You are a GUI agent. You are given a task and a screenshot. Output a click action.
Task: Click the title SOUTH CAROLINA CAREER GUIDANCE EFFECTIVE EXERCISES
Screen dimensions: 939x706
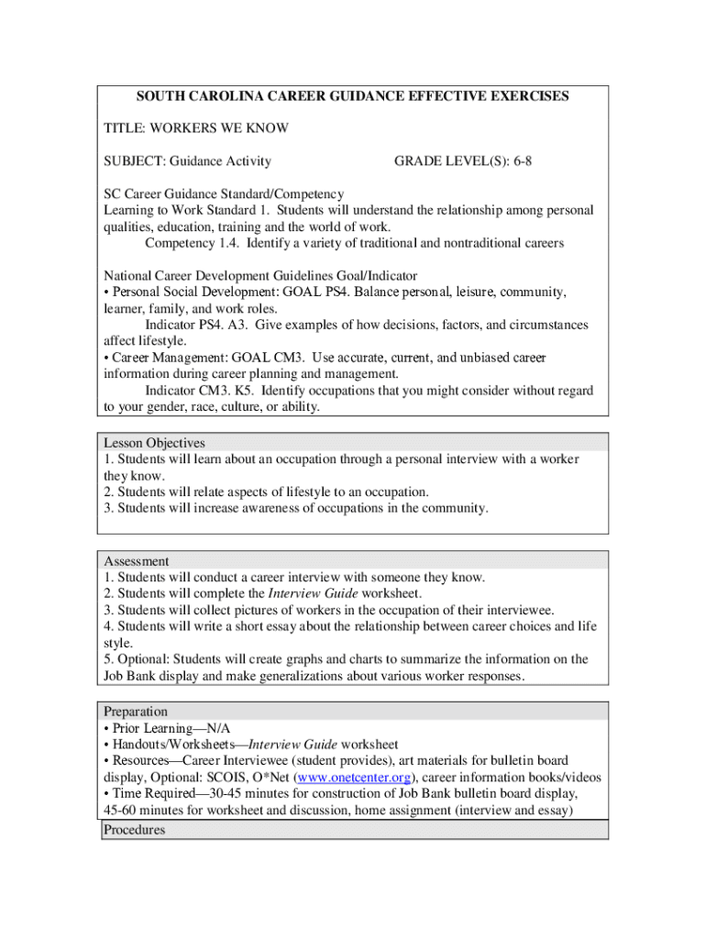coord(352,95)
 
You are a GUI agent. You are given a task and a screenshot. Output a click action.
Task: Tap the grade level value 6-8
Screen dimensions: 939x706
coord(523,161)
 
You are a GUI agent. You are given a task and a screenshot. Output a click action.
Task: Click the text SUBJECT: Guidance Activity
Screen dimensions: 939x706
coord(187,161)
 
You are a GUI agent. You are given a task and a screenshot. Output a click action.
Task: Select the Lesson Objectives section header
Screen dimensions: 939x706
coord(154,443)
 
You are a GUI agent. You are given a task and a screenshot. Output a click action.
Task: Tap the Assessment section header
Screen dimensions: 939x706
coord(137,560)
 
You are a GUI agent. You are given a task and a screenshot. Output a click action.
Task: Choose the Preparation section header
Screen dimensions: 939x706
coord(136,712)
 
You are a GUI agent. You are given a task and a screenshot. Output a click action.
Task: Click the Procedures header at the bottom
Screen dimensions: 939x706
coord(135,830)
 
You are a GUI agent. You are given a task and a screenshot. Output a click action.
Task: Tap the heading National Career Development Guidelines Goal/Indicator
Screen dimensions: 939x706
coord(260,275)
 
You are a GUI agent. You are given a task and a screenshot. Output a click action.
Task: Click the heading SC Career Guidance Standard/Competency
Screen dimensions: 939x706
coord(224,193)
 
